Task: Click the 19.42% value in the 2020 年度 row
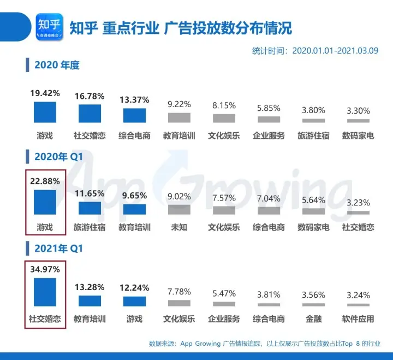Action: (45, 93)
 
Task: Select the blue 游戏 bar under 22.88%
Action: (45, 202)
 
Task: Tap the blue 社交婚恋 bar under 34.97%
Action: (45, 292)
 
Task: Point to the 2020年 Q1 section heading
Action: (57, 157)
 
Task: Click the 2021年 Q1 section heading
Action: (57, 248)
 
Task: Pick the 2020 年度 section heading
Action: (57, 66)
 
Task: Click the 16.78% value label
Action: (90, 97)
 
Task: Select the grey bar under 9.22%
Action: (179, 117)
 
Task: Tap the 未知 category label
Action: (179, 227)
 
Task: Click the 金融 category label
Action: (313, 318)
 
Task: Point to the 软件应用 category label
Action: (358, 318)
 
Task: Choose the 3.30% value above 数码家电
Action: (358, 110)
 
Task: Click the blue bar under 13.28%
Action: (90, 301)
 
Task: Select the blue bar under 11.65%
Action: (90, 208)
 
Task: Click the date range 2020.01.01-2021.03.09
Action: (336, 51)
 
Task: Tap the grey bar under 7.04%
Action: (269, 210)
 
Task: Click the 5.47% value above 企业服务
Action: (224, 293)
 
